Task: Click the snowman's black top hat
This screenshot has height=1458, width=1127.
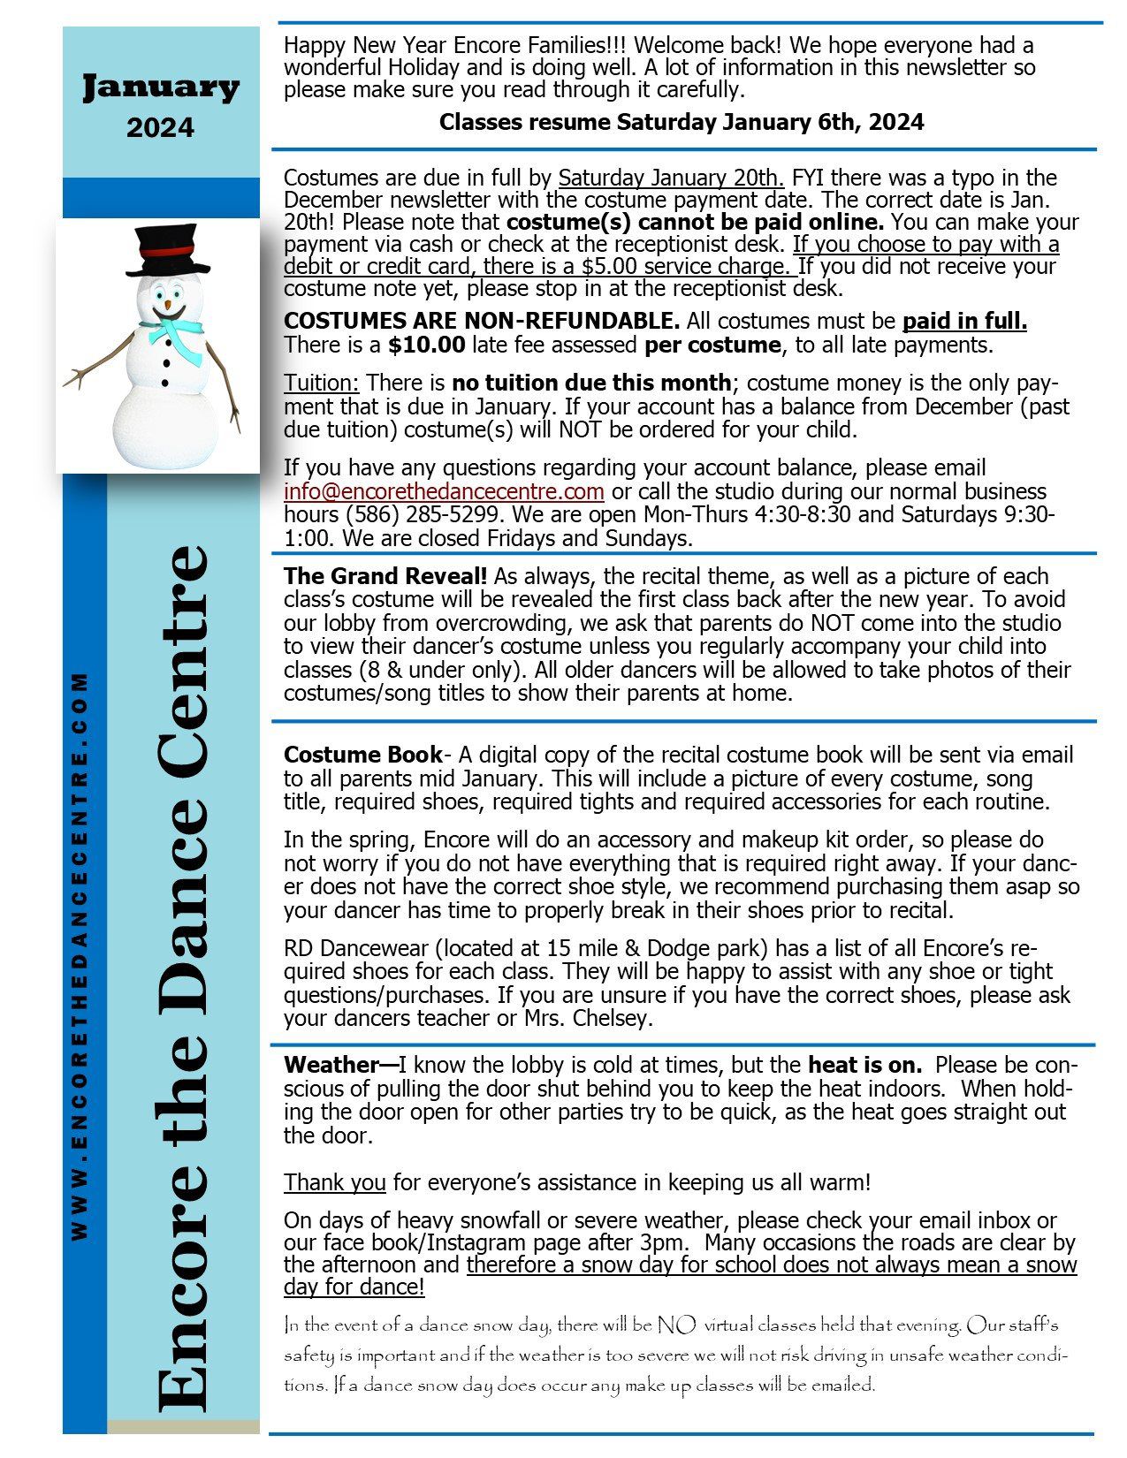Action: [x=167, y=250]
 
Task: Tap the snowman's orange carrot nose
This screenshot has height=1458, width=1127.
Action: [x=167, y=305]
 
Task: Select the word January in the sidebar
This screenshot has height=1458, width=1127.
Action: [x=161, y=87]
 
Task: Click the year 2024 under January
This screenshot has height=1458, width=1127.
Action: [x=160, y=128]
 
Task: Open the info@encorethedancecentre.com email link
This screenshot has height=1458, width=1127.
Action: [x=444, y=491]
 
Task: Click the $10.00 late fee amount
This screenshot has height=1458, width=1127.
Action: [x=426, y=345]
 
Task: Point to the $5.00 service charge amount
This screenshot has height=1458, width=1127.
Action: [x=609, y=266]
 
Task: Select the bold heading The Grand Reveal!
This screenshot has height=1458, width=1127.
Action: [x=385, y=576]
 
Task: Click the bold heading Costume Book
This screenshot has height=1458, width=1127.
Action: [x=362, y=755]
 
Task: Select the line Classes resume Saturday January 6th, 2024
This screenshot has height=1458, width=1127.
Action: [x=682, y=122]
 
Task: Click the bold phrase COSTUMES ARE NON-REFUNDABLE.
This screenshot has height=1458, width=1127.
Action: [x=482, y=321]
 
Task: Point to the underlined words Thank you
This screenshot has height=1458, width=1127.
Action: [x=335, y=1182]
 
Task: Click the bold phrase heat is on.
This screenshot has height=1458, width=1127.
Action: [x=864, y=1065]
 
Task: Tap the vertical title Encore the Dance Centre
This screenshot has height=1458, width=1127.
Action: [x=182, y=972]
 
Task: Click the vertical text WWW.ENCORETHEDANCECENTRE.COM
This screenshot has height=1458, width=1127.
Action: [x=80, y=954]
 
